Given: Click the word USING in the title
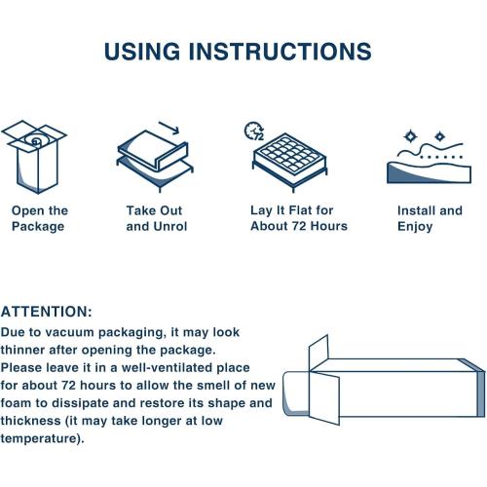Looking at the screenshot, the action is coord(142,52).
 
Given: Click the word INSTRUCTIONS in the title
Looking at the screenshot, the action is coord(281,52).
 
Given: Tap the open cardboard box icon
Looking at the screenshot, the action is coord(34,157).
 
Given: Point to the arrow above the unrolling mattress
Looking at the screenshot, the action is coord(169,128).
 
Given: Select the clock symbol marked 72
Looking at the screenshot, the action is coord(254,131).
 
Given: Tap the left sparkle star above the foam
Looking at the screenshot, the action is coord(411,136).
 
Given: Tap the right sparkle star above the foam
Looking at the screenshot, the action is coord(439,136).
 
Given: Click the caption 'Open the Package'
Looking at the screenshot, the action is coord(40,218).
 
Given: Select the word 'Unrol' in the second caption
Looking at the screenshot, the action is coord(170,226).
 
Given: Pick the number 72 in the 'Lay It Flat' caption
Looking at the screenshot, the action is coord(299,226).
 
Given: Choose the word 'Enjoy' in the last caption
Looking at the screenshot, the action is coord(415,227).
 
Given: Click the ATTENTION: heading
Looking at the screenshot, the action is coord(47,312).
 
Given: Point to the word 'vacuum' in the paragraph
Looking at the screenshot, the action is coord(69,332).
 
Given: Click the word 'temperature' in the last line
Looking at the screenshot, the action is coord(39,438).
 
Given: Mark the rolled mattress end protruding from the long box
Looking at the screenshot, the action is coord(295,393).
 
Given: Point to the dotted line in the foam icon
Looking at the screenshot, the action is coord(441,157).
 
